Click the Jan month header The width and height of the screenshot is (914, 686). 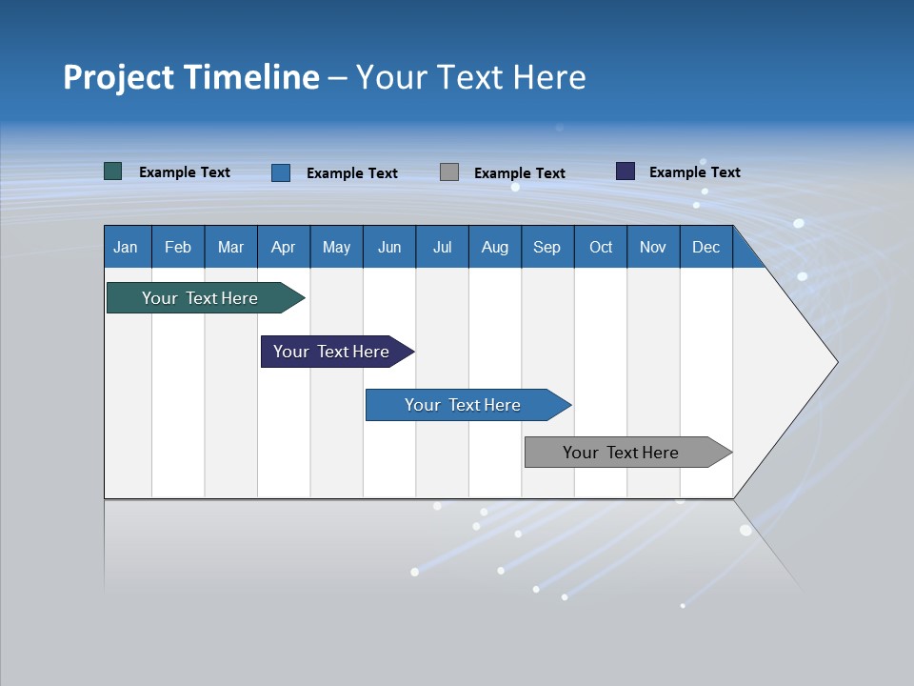tap(127, 247)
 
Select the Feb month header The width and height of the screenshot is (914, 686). tap(178, 247)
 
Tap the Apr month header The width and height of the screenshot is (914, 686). tap(284, 247)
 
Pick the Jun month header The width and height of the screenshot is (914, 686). tap(389, 247)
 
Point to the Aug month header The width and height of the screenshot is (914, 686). tap(495, 247)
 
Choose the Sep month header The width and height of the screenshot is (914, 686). tap(547, 247)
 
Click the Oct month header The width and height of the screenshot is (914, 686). tap(601, 247)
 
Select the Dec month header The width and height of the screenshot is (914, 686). tap(706, 247)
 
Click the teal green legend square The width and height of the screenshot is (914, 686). tap(113, 171)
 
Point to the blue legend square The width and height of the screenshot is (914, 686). tap(281, 172)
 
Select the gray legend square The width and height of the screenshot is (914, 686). tap(449, 172)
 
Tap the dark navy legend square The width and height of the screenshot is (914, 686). tap(626, 171)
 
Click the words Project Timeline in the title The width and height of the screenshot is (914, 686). tap(190, 77)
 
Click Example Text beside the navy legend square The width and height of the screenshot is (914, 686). tap(695, 172)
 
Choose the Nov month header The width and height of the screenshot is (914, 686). tap(653, 247)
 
